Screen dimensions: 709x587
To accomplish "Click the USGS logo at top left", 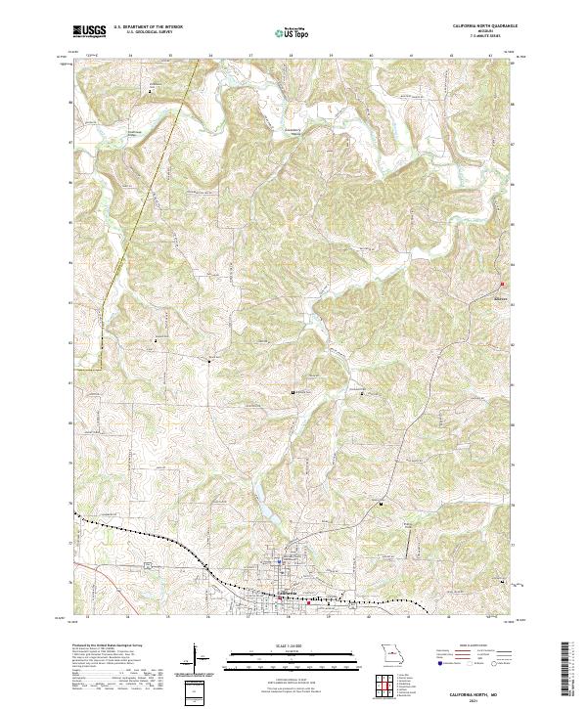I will pyautogui.click(x=89, y=31).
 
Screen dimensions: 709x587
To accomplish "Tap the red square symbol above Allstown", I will pyautogui.click(x=504, y=285).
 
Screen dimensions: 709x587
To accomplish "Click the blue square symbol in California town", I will pyautogui.click(x=279, y=562).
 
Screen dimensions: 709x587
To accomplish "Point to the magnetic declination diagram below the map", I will pyautogui.click(x=201, y=659).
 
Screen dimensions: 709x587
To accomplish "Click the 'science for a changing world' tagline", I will pyautogui.click(x=89, y=37).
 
